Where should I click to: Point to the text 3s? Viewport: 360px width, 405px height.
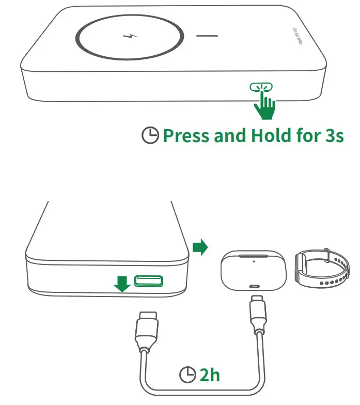pyautogui.click(x=331, y=136)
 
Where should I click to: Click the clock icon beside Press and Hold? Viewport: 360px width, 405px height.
pyautogui.click(x=150, y=136)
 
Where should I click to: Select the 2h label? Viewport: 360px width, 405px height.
pyautogui.click(x=210, y=375)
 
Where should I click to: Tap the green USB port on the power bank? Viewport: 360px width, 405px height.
pyautogui.click(x=148, y=281)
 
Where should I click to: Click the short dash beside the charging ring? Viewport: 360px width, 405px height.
pyautogui.click(x=208, y=37)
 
